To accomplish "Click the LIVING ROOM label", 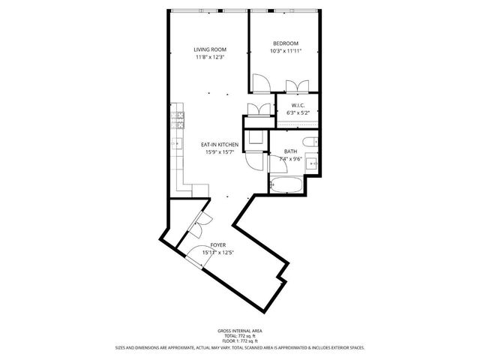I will click(x=210, y=49).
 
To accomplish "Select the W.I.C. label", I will click(x=298, y=105).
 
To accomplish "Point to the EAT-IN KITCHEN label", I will click(x=220, y=144).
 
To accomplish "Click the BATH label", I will click(x=290, y=151).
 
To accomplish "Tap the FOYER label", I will click(x=217, y=244).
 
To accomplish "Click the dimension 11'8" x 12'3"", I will click(x=210, y=57).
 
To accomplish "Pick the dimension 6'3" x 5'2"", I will click(x=298, y=113).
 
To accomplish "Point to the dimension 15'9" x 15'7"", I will click(x=220, y=152).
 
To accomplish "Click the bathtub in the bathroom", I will click(x=285, y=184).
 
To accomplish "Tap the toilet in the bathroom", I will click(x=309, y=142).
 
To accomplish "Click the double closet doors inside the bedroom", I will click(x=302, y=85).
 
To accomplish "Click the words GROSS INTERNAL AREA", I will click(x=240, y=331).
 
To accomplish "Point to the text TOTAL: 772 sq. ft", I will click(x=240, y=336).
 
